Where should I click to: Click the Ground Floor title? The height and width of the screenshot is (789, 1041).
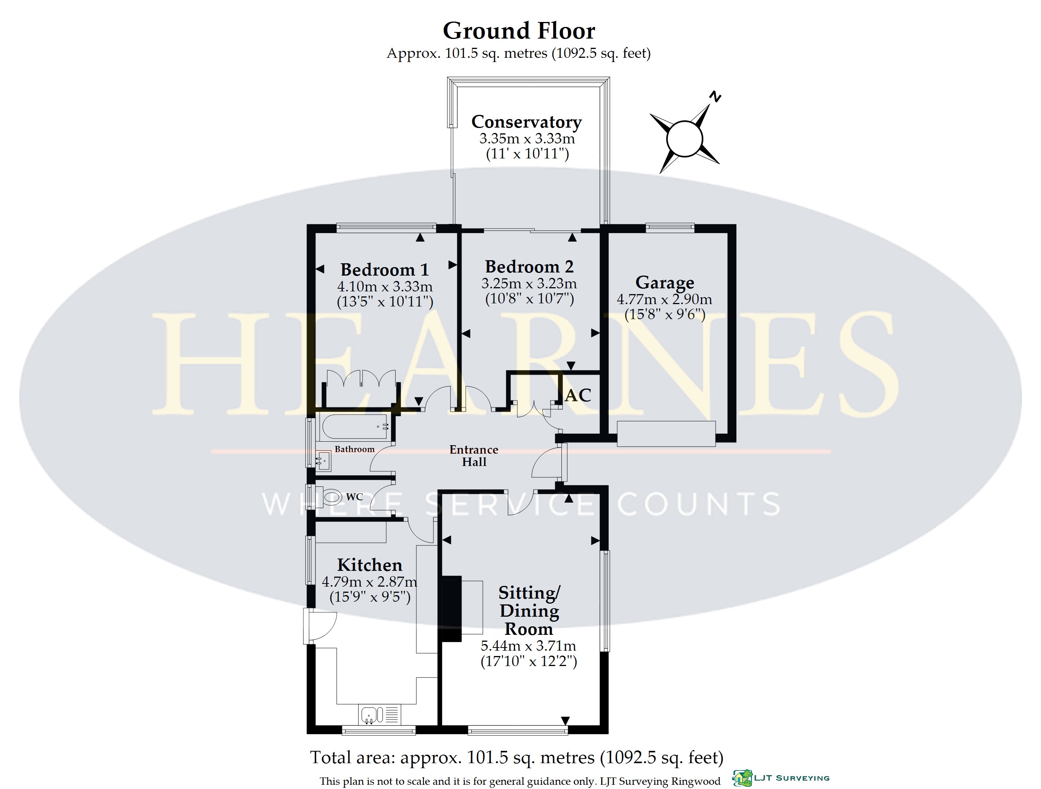pyautogui.click(x=519, y=31)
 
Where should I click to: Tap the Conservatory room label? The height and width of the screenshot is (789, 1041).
pyautogui.click(x=527, y=121)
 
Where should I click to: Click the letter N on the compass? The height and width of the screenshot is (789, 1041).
pyautogui.click(x=715, y=96)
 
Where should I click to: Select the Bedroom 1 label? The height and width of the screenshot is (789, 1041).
pyautogui.click(x=384, y=269)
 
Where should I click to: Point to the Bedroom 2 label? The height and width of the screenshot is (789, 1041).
pyautogui.click(x=529, y=267)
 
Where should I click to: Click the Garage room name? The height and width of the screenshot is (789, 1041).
pyautogui.click(x=665, y=282)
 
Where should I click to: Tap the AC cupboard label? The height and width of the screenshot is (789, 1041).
pyautogui.click(x=578, y=395)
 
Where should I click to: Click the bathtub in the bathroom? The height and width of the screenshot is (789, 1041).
pyautogui.click(x=354, y=427)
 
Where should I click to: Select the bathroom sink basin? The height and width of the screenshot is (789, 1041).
pyautogui.click(x=323, y=461)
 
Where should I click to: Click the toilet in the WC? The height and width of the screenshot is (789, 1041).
pyautogui.click(x=332, y=497)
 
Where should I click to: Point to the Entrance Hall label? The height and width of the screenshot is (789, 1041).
pyautogui.click(x=474, y=456)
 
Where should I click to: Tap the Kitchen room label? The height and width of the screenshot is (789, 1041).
pyautogui.click(x=370, y=565)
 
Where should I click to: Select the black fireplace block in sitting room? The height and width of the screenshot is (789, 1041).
pyautogui.click(x=451, y=608)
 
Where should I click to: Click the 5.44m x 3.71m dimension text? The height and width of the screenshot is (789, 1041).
pyautogui.click(x=529, y=646)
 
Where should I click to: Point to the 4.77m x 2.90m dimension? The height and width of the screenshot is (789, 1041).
pyautogui.click(x=665, y=299)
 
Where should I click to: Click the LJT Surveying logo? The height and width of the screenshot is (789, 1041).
pyautogui.click(x=781, y=778)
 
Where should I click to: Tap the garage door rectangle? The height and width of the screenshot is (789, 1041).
pyautogui.click(x=666, y=434)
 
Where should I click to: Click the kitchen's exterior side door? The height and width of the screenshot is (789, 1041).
pyautogui.click(x=320, y=625)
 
